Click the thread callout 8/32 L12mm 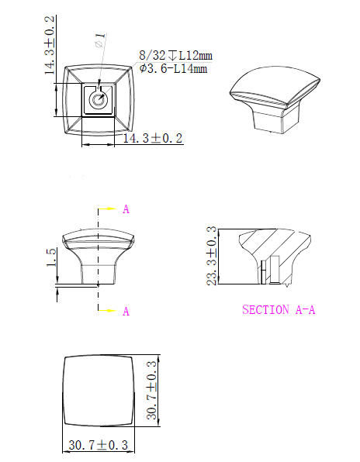tap(175, 56)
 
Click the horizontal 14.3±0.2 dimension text tap(153, 138)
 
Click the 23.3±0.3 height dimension tap(211, 256)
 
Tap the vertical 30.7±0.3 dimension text tap(152, 389)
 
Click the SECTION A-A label tap(279, 309)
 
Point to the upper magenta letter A tap(126, 209)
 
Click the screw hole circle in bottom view tap(99, 99)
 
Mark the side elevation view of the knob tap(98, 257)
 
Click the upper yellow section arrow tap(109, 209)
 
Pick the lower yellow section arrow tap(109, 310)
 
